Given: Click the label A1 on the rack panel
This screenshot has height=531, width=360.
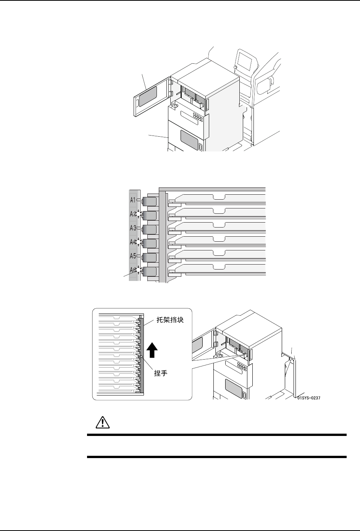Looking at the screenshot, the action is pos(133,200).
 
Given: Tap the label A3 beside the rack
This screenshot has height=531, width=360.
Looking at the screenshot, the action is pos(133,228).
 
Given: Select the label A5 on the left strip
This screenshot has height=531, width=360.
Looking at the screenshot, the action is pos(133,256).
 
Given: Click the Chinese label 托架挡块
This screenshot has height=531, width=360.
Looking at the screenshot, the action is pos(170,320).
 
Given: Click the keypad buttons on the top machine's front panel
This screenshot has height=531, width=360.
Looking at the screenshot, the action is pos(198,116).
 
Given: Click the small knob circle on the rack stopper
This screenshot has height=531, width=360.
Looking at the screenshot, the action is pos(141,357).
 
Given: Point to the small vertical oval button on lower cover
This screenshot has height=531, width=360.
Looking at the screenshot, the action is pos(201,147).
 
